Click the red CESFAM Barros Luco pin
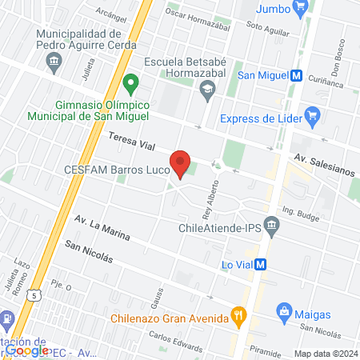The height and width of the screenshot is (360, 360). (x=182, y=163)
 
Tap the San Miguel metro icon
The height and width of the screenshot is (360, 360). (x=297, y=76)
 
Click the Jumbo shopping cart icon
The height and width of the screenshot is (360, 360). (x=300, y=10)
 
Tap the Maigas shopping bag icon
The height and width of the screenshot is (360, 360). (x=283, y=310)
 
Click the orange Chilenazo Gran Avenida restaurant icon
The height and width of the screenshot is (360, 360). (x=237, y=314)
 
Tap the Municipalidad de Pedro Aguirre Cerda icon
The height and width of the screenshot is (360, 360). (x=54, y=61)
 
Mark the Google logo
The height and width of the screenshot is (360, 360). (x=26, y=350)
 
